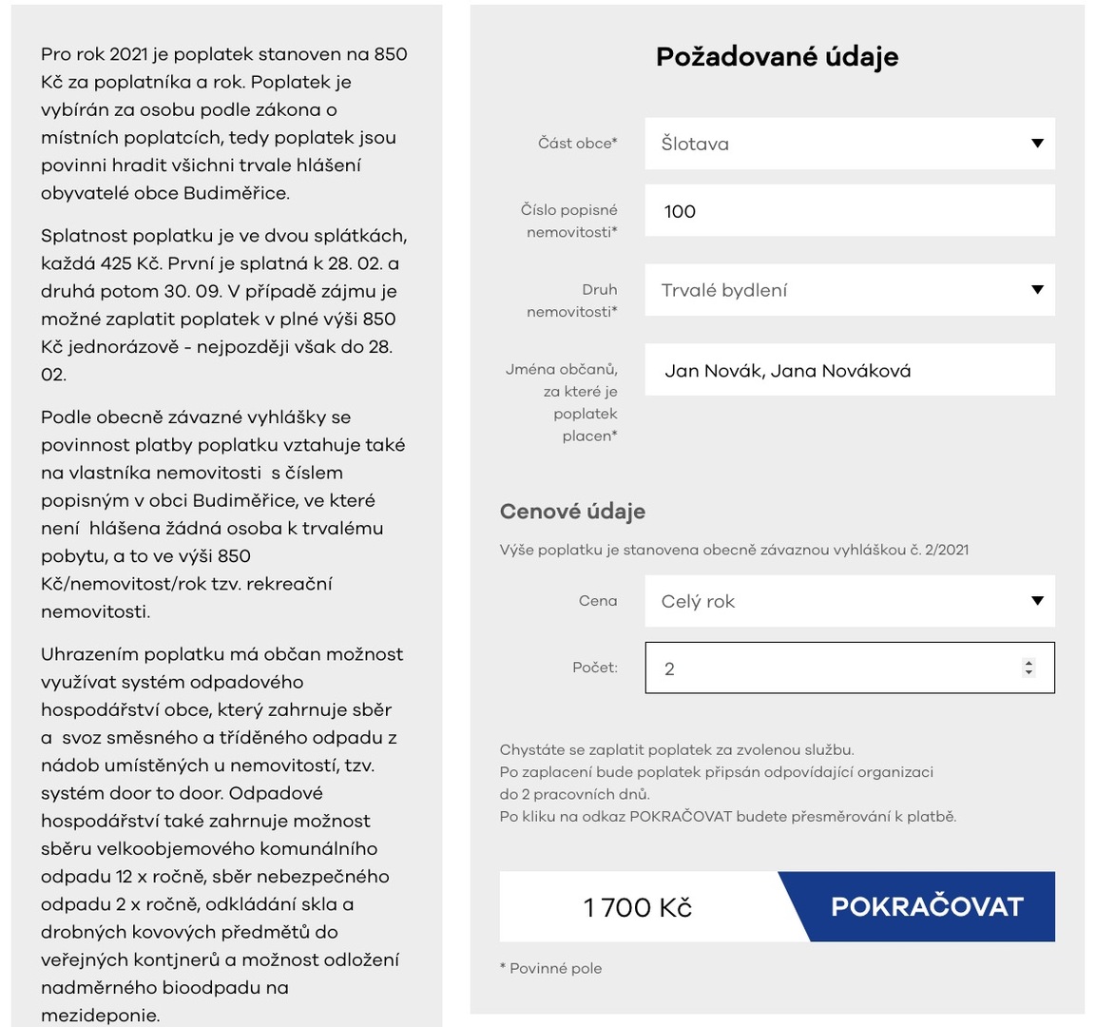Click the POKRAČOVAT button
click(x=926, y=906)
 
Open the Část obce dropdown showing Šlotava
click(x=849, y=144)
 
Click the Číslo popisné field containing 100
click(x=849, y=210)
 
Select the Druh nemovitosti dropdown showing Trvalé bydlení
click(x=849, y=290)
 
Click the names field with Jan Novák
click(x=849, y=370)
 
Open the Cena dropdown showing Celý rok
click(x=849, y=601)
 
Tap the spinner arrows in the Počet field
click(x=1028, y=668)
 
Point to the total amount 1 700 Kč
click(x=638, y=907)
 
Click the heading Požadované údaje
click(x=777, y=57)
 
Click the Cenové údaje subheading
click(x=572, y=512)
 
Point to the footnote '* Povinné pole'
click(x=550, y=968)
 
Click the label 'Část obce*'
click(x=577, y=144)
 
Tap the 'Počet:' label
click(x=594, y=668)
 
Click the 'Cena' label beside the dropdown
click(x=598, y=601)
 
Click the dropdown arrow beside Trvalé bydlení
click(x=1037, y=290)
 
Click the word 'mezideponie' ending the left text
click(x=100, y=1016)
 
